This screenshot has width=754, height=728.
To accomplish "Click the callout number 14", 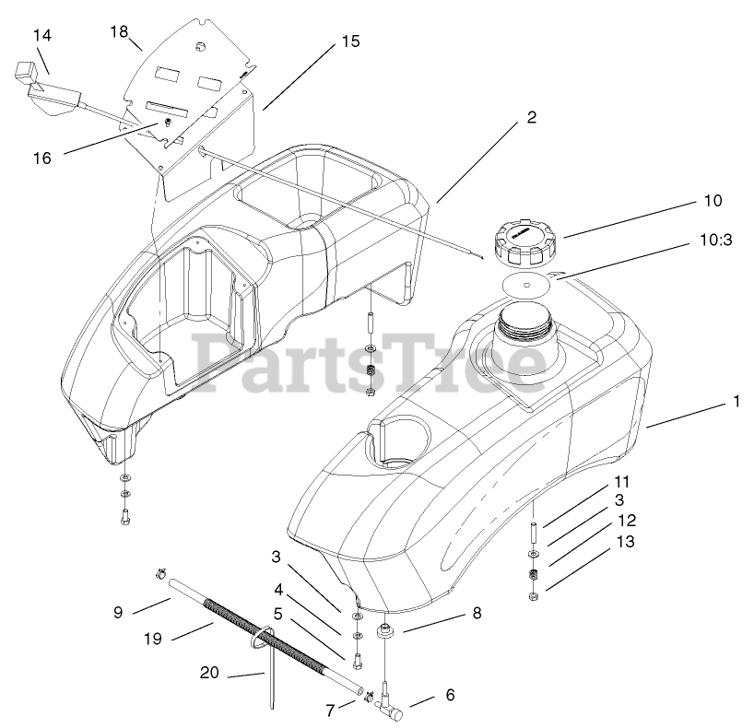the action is click(42, 35).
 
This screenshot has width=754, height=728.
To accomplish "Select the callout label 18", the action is click(119, 31).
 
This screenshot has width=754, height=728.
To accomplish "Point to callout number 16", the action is click(42, 158).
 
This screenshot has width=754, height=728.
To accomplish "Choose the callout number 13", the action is click(625, 542).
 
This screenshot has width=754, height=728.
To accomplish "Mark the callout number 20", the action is click(211, 672).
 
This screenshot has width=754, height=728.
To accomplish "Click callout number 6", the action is click(451, 695).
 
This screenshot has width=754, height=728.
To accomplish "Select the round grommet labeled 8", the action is click(387, 635).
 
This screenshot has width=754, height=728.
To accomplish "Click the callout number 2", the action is click(532, 118).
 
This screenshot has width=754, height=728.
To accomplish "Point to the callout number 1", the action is click(736, 401).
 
